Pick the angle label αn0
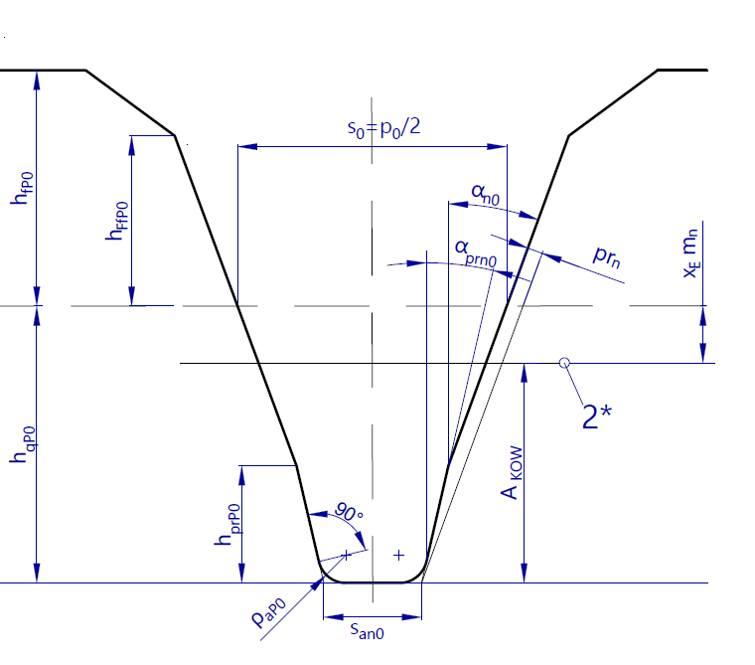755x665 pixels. [484, 192]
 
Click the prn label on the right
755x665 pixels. [607, 255]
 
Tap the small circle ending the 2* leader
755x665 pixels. [565, 364]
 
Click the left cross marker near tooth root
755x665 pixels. [345, 554]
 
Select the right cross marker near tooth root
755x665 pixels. [398, 555]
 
